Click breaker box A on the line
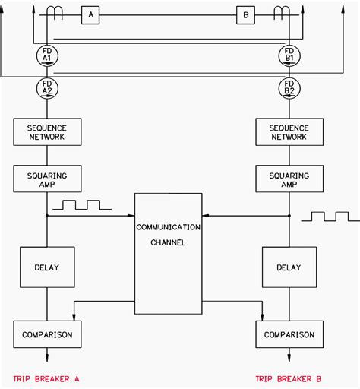pos(90,15)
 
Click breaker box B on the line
pos(245,15)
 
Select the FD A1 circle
pos(47,56)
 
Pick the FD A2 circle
pos(47,88)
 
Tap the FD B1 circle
pos(289,56)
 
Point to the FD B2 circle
pos(289,88)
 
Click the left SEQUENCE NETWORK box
pos(47,132)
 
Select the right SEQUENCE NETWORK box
pos(289,132)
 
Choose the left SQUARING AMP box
pos(47,179)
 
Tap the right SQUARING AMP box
pos(289,179)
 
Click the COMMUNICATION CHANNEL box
pos(169,254)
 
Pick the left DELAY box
pos(47,267)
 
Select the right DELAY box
pos(289,267)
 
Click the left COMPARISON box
pos(47,334)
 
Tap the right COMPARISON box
pos(289,334)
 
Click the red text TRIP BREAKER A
pos(46,379)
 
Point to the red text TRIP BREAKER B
pos(289,379)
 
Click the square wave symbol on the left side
pos(82,205)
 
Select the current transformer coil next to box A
pos(55,13)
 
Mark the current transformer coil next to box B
pos(282,13)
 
